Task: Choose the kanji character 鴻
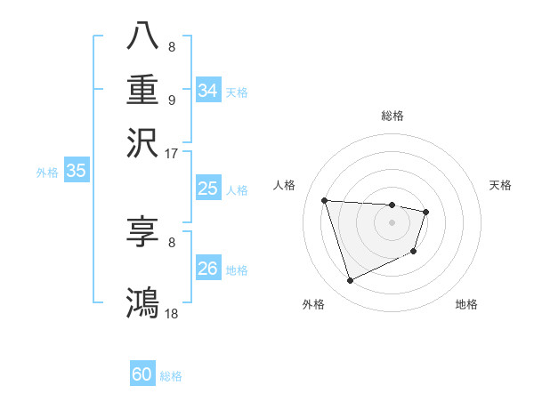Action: pos(142,301)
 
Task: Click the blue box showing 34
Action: pos(207,91)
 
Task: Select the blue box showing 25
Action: pos(207,189)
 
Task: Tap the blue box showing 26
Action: pos(207,269)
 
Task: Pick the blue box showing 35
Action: pos(76,172)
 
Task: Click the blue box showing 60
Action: pos(142,374)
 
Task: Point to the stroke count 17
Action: pos(172,152)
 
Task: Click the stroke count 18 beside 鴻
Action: pos(172,314)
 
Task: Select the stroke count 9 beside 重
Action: pos(172,100)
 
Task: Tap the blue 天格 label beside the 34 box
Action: pos(237,92)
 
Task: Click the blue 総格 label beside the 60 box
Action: pos(171,376)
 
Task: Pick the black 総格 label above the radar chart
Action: pos(392,116)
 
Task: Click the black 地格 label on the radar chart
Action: pos(466,304)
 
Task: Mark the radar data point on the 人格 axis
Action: pos(325,200)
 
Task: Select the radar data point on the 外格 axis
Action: pos(350,281)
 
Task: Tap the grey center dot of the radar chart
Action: pos(392,222)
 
